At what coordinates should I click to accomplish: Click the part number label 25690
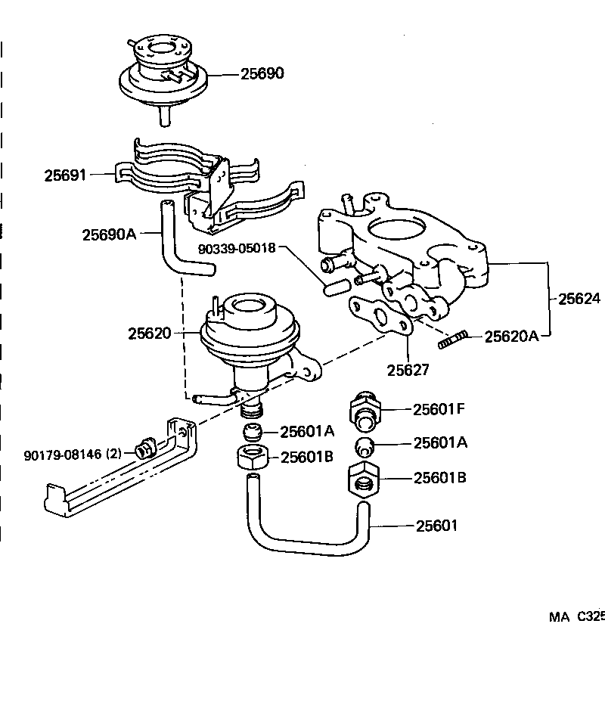tap(262, 74)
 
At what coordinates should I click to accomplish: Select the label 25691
tap(65, 175)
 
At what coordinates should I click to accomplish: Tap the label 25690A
tap(109, 234)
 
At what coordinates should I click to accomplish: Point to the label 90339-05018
tap(237, 248)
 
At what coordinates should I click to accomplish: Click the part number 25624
tap(579, 299)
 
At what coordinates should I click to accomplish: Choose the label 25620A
tap(511, 337)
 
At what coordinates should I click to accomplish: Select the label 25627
tap(408, 370)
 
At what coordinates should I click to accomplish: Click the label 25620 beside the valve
tap(149, 333)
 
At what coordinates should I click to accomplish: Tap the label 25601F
tap(438, 409)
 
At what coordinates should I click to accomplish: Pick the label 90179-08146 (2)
tap(72, 455)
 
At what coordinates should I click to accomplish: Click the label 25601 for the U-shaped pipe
tap(436, 526)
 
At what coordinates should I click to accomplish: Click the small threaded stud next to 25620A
tap(453, 340)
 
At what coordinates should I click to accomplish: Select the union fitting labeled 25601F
tap(365, 409)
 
